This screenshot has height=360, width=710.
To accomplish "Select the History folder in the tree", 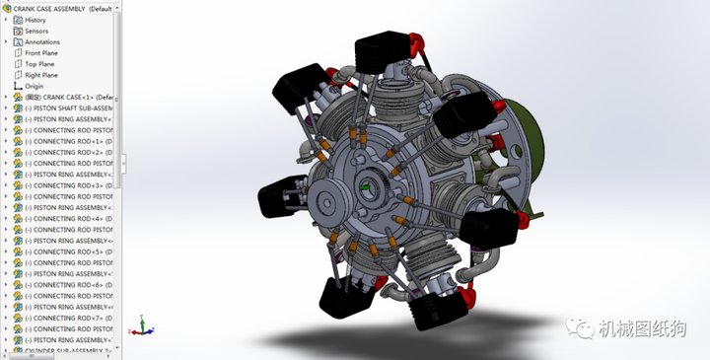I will click(35, 20).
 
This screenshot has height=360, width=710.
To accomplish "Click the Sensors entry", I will click(36, 31).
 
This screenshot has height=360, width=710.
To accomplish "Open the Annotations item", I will click(41, 42).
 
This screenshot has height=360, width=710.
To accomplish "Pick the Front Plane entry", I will click(41, 53).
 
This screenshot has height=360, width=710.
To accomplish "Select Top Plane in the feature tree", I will click(39, 64).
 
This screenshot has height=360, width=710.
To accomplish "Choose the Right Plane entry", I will click(41, 75).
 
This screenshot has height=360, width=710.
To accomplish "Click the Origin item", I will click(34, 86).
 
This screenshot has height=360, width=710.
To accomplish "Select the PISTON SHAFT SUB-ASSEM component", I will click(69, 108).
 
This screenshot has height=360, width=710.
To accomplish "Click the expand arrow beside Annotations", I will click(6, 42).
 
